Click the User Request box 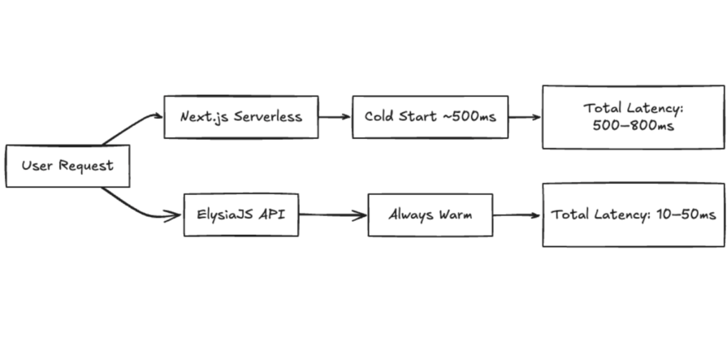click(x=67, y=166)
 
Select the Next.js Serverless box click(x=240, y=116)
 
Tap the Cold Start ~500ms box click(x=430, y=116)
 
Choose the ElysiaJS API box click(x=240, y=215)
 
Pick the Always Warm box click(x=430, y=215)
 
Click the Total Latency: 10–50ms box click(x=633, y=215)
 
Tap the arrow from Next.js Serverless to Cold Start click(x=335, y=116)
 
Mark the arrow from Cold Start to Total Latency click(x=525, y=116)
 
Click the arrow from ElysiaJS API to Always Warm click(x=333, y=216)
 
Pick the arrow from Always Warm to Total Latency click(x=517, y=216)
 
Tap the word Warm click(x=454, y=215)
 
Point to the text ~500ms click(x=469, y=116)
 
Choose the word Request click(x=85, y=166)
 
